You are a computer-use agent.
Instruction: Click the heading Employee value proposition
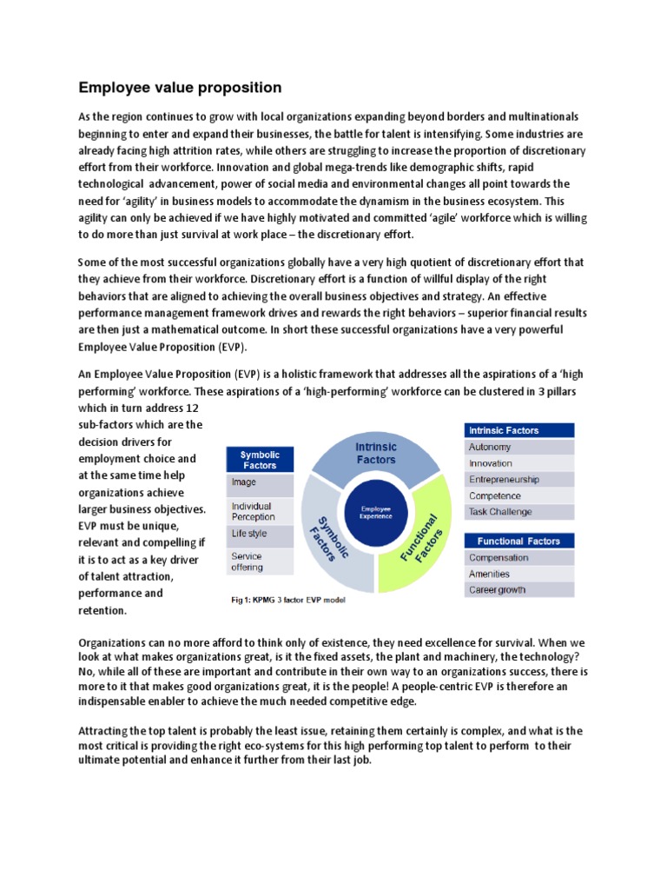click(x=180, y=88)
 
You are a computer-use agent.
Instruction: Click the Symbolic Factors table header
click(x=260, y=459)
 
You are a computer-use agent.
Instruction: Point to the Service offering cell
click(x=260, y=561)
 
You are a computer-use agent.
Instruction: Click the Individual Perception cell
click(x=260, y=511)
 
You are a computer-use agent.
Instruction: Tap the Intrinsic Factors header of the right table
click(x=518, y=430)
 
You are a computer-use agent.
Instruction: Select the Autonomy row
click(x=518, y=447)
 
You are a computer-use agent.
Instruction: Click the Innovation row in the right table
click(x=518, y=463)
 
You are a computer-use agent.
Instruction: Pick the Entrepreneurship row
click(x=518, y=480)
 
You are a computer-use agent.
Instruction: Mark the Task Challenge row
click(x=518, y=512)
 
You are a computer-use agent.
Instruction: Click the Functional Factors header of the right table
click(x=518, y=541)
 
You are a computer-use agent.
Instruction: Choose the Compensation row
click(x=518, y=558)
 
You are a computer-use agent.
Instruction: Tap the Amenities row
click(x=518, y=574)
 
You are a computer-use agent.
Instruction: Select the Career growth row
click(x=518, y=590)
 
